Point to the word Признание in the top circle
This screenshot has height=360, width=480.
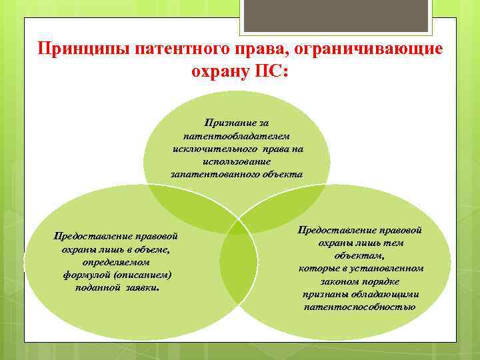click(x=227, y=123)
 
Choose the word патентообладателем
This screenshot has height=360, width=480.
click(x=237, y=136)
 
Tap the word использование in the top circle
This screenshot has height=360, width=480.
click(x=237, y=161)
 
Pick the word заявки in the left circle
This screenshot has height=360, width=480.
click(x=140, y=287)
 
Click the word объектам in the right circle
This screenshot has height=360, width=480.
click(x=359, y=255)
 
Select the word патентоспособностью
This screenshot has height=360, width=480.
click(x=359, y=307)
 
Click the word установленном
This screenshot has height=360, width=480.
click(x=387, y=268)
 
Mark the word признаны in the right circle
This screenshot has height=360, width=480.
click(x=323, y=294)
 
